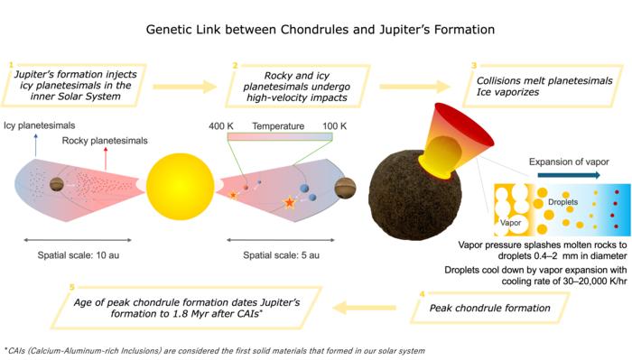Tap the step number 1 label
[9, 65]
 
